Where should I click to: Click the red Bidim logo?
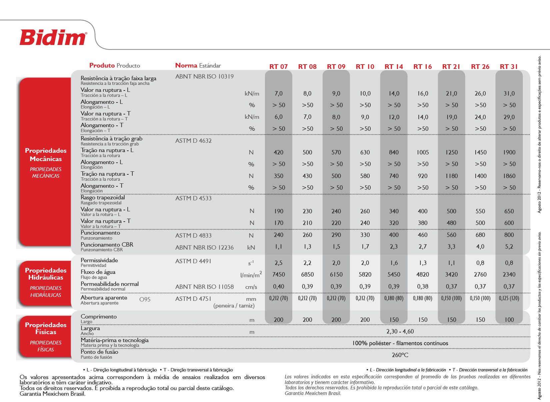(53, 37)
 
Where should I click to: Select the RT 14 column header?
(394, 67)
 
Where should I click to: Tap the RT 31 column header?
(509, 67)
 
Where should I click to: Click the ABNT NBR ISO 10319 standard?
(204, 77)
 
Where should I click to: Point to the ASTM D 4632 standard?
(193, 141)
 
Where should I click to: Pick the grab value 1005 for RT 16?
(423, 152)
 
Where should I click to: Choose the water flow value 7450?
(278, 275)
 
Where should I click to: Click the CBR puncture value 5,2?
(509, 247)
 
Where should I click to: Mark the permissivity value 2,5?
(278, 263)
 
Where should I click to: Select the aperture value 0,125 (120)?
(509, 298)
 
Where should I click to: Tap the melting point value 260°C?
(400, 355)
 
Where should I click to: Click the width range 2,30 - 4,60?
(400, 331)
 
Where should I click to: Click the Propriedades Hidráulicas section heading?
(46, 274)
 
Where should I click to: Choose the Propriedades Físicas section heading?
(46, 328)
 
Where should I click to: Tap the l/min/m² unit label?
(251, 275)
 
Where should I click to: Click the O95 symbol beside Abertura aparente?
(145, 299)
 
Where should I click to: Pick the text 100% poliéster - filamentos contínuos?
(400, 343)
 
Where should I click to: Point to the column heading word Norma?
(186, 66)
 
